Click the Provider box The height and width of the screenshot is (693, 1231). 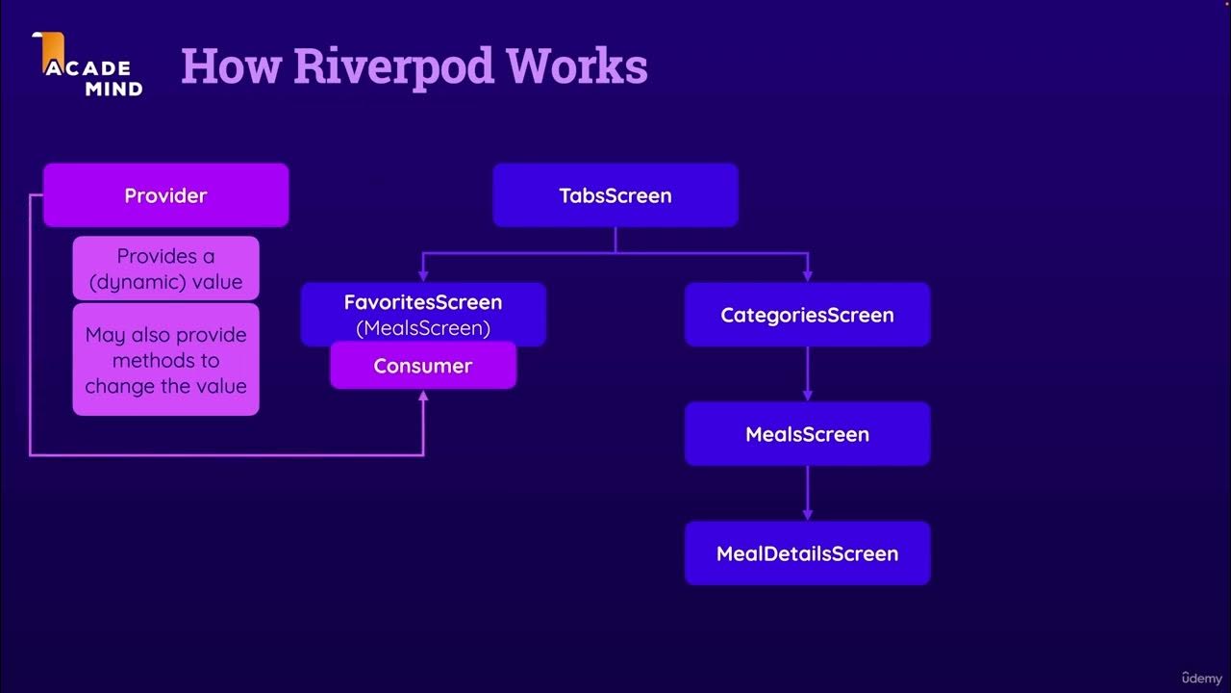(165, 195)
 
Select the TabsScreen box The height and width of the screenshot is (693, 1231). (615, 195)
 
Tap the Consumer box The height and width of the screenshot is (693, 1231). (423, 366)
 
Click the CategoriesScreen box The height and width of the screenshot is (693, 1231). (807, 315)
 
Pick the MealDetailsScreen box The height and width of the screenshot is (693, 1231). (807, 553)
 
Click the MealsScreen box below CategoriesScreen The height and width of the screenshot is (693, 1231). (807, 434)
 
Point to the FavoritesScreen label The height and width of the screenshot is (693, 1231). (423, 302)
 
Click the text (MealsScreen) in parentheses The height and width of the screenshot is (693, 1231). (423, 328)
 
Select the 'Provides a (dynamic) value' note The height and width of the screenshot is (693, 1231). (165, 269)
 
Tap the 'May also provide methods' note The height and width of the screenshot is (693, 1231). (165, 360)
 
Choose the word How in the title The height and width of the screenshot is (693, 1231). (231, 66)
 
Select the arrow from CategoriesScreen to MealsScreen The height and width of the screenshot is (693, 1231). (807, 373)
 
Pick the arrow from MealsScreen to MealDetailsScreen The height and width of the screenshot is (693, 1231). (807, 493)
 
